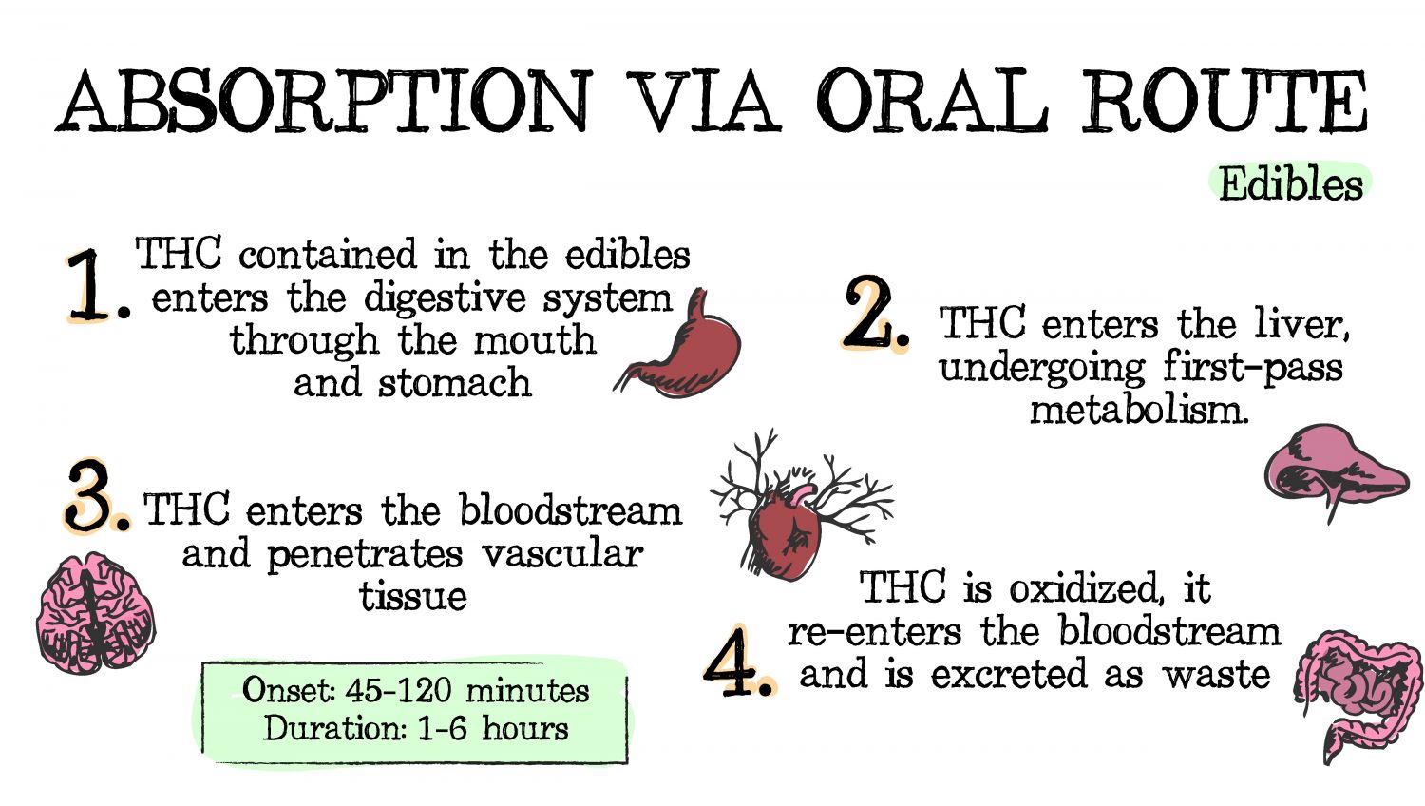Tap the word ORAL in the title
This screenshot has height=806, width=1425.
931,101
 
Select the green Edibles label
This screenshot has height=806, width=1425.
1290,183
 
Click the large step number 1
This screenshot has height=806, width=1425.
90,285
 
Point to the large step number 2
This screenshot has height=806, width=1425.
872,314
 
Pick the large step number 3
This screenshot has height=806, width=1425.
92,496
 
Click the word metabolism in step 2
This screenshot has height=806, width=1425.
1138,411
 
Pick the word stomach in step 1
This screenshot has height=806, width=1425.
454,383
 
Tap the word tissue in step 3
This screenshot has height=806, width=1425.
413,597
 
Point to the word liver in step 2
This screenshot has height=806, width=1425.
1301,325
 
